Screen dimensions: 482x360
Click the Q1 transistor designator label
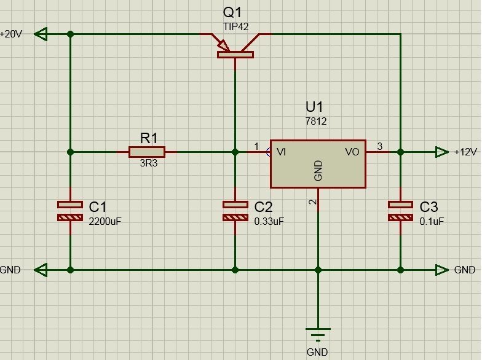click(x=232, y=12)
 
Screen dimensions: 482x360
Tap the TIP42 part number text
click(x=235, y=27)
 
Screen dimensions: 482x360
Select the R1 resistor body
click(x=147, y=152)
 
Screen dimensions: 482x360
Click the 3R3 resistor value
click(x=149, y=163)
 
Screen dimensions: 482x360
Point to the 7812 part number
click(x=316, y=122)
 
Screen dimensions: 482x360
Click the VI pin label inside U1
click(x=282, y=152)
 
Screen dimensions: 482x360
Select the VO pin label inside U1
click(x=352, y=152)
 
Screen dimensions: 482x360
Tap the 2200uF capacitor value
click(x=105, y=221)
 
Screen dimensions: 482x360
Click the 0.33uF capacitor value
click(x=269, y=221)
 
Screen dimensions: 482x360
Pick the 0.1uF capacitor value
click(x=432, y=221)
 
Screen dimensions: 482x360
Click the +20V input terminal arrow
click(x=41, y=34)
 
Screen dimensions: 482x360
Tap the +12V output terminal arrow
click(x=441, y=152)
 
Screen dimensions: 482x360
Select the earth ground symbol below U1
click(x=318, y=334)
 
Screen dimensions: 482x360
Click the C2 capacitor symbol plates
click(x=235, y=211)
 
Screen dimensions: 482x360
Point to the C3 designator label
click(x=429, y=207)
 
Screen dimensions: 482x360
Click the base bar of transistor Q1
click(x=235, y=55)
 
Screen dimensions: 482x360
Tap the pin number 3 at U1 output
click(x=380, y=146)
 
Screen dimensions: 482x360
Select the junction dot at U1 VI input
click(x=235, y=152)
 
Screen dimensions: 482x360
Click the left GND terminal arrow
click(x=41, y=270)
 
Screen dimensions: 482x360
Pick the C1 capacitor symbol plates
click(x=70, y=211)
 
